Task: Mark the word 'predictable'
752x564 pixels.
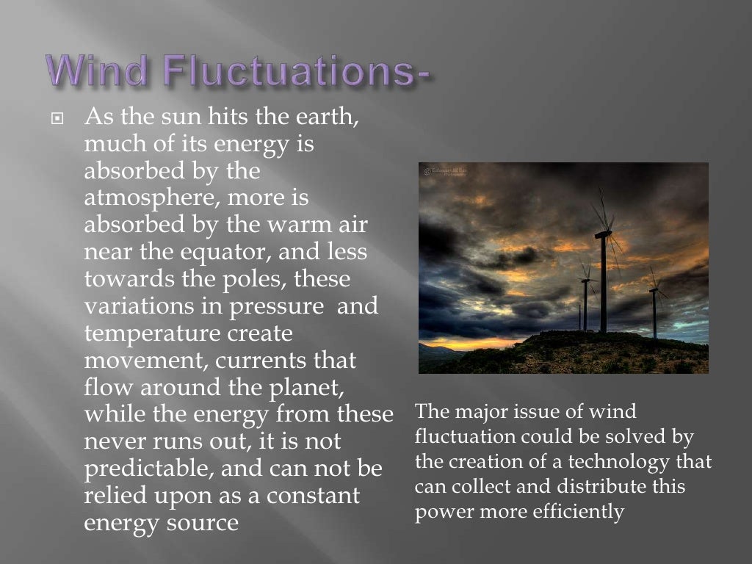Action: pos(150,469)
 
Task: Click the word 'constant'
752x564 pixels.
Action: pos(314,495)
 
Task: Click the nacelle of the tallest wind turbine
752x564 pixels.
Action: pos(602,234)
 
